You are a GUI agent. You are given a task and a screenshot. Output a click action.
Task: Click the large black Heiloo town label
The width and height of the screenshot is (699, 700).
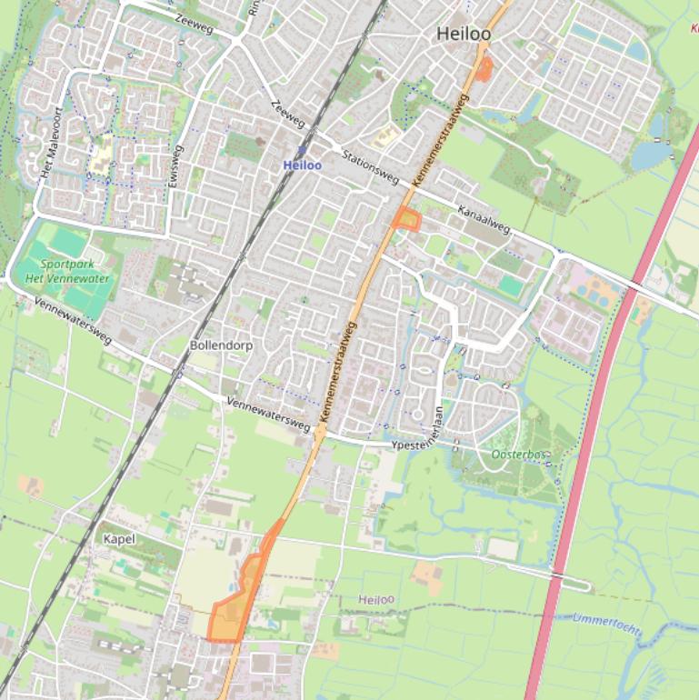[463, 34]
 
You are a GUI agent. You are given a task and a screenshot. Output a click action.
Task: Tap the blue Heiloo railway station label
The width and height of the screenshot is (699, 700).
[302, 165]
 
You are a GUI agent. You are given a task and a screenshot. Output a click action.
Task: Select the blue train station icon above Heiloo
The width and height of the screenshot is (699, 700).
[302, 151]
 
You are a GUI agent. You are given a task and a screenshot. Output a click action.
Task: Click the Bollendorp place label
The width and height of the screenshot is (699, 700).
[221, 346]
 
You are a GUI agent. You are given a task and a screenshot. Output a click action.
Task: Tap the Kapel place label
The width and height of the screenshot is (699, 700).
[119, 539]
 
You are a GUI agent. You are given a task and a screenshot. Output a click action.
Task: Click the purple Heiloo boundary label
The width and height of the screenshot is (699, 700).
[376, 600]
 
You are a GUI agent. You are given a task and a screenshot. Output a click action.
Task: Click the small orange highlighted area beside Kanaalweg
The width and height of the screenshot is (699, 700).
[407, 219]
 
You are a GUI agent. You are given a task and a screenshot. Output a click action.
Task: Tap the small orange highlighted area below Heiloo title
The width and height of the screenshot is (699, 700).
[484, 67]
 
